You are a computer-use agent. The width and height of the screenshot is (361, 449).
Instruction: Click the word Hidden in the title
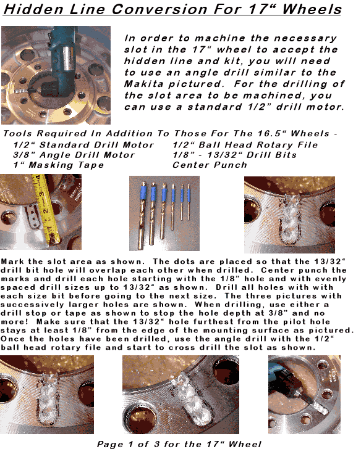33,9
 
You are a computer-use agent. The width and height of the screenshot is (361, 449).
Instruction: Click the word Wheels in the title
312,9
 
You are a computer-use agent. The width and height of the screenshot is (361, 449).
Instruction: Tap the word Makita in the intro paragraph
144,84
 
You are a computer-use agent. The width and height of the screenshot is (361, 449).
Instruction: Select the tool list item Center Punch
210,165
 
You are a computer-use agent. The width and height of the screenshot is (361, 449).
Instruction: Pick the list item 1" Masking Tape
59,165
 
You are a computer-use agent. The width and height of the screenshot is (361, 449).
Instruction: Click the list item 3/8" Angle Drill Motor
74,155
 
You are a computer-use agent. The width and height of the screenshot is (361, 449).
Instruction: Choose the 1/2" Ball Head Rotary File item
245,145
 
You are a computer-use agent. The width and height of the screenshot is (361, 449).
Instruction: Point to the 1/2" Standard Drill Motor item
83,145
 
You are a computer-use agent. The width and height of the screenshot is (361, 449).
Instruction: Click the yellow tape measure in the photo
47,210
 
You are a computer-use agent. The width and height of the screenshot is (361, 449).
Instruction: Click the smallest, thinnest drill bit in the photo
189,202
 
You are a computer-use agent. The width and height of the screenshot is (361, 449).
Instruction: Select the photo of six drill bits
164,213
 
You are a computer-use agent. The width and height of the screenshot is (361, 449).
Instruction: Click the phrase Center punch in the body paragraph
294,270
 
